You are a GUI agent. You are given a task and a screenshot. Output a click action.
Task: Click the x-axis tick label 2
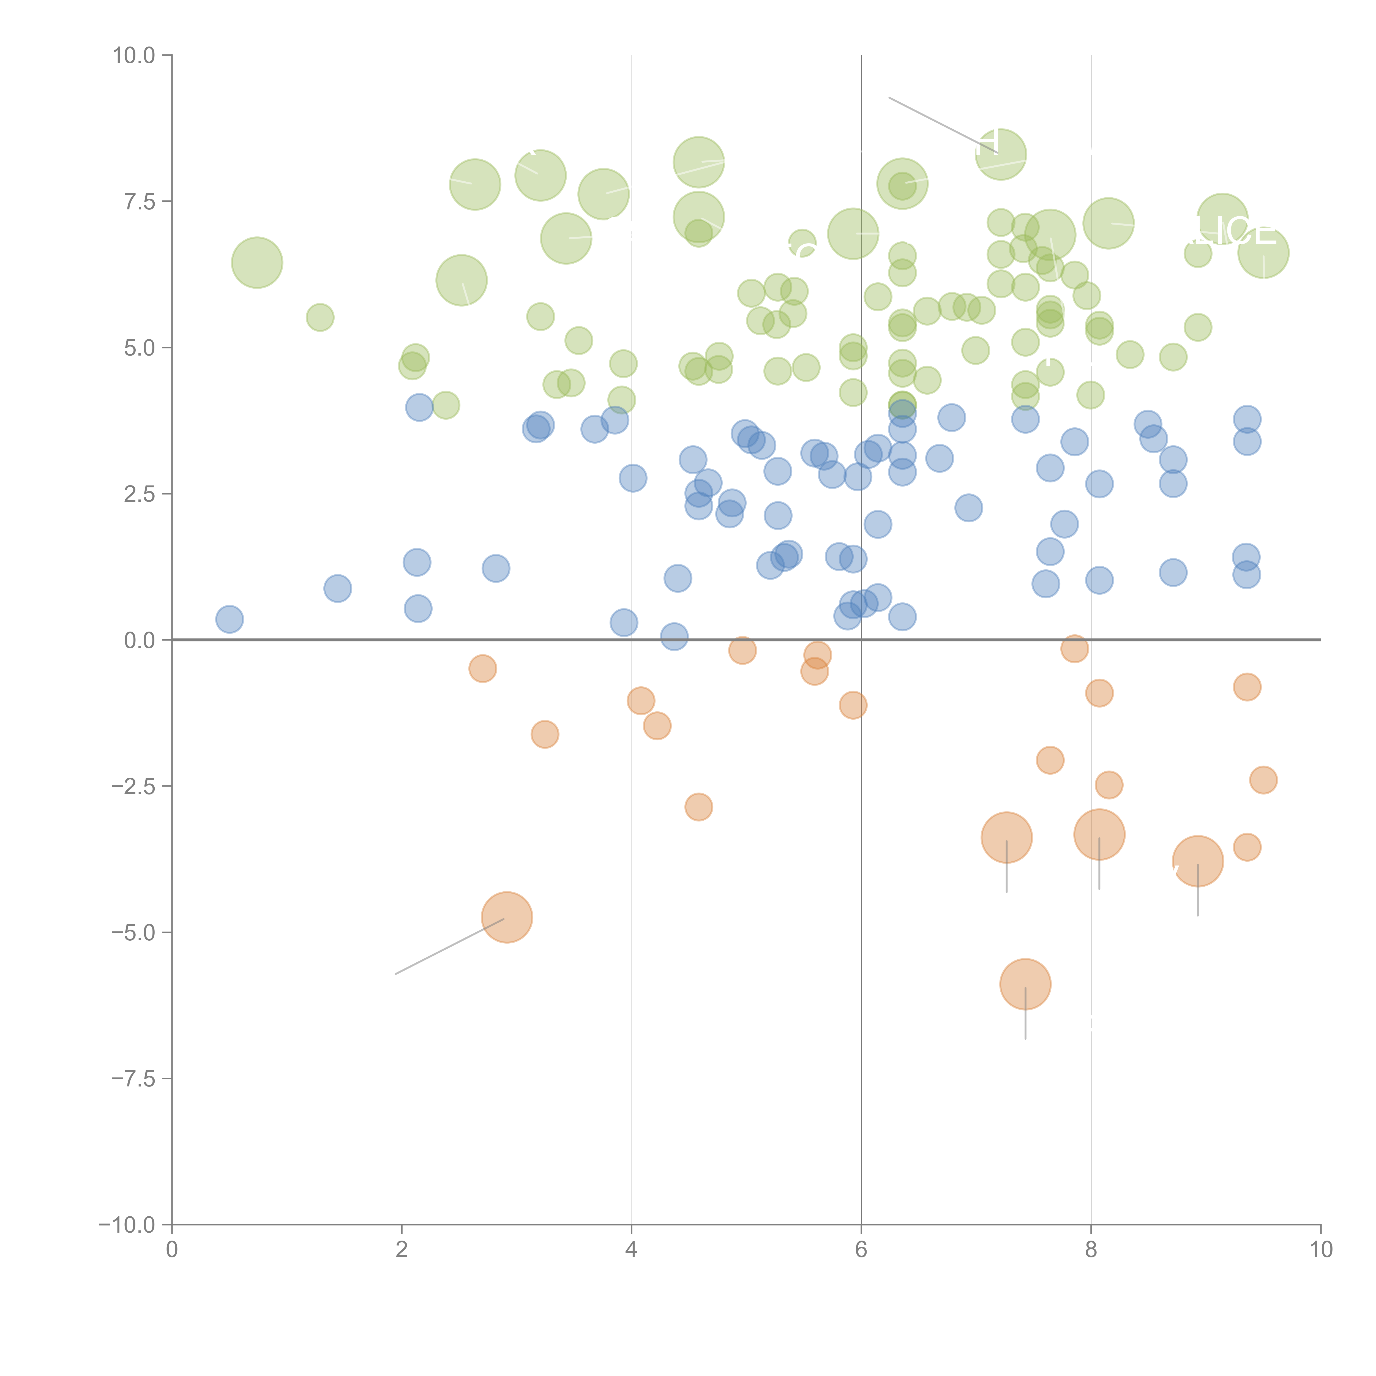pos(402,1250)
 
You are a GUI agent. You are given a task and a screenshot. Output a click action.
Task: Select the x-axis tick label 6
pos(861,1250)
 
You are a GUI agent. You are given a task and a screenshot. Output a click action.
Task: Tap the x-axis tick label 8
pos(1091,1250)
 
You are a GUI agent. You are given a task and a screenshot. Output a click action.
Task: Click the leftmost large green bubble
pos(257,263)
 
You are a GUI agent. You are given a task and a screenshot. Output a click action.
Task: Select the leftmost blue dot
pos(229,619)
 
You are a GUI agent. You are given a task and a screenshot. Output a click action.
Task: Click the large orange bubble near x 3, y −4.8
pos(507,917)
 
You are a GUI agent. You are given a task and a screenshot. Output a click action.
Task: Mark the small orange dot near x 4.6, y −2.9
pos(699,807)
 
